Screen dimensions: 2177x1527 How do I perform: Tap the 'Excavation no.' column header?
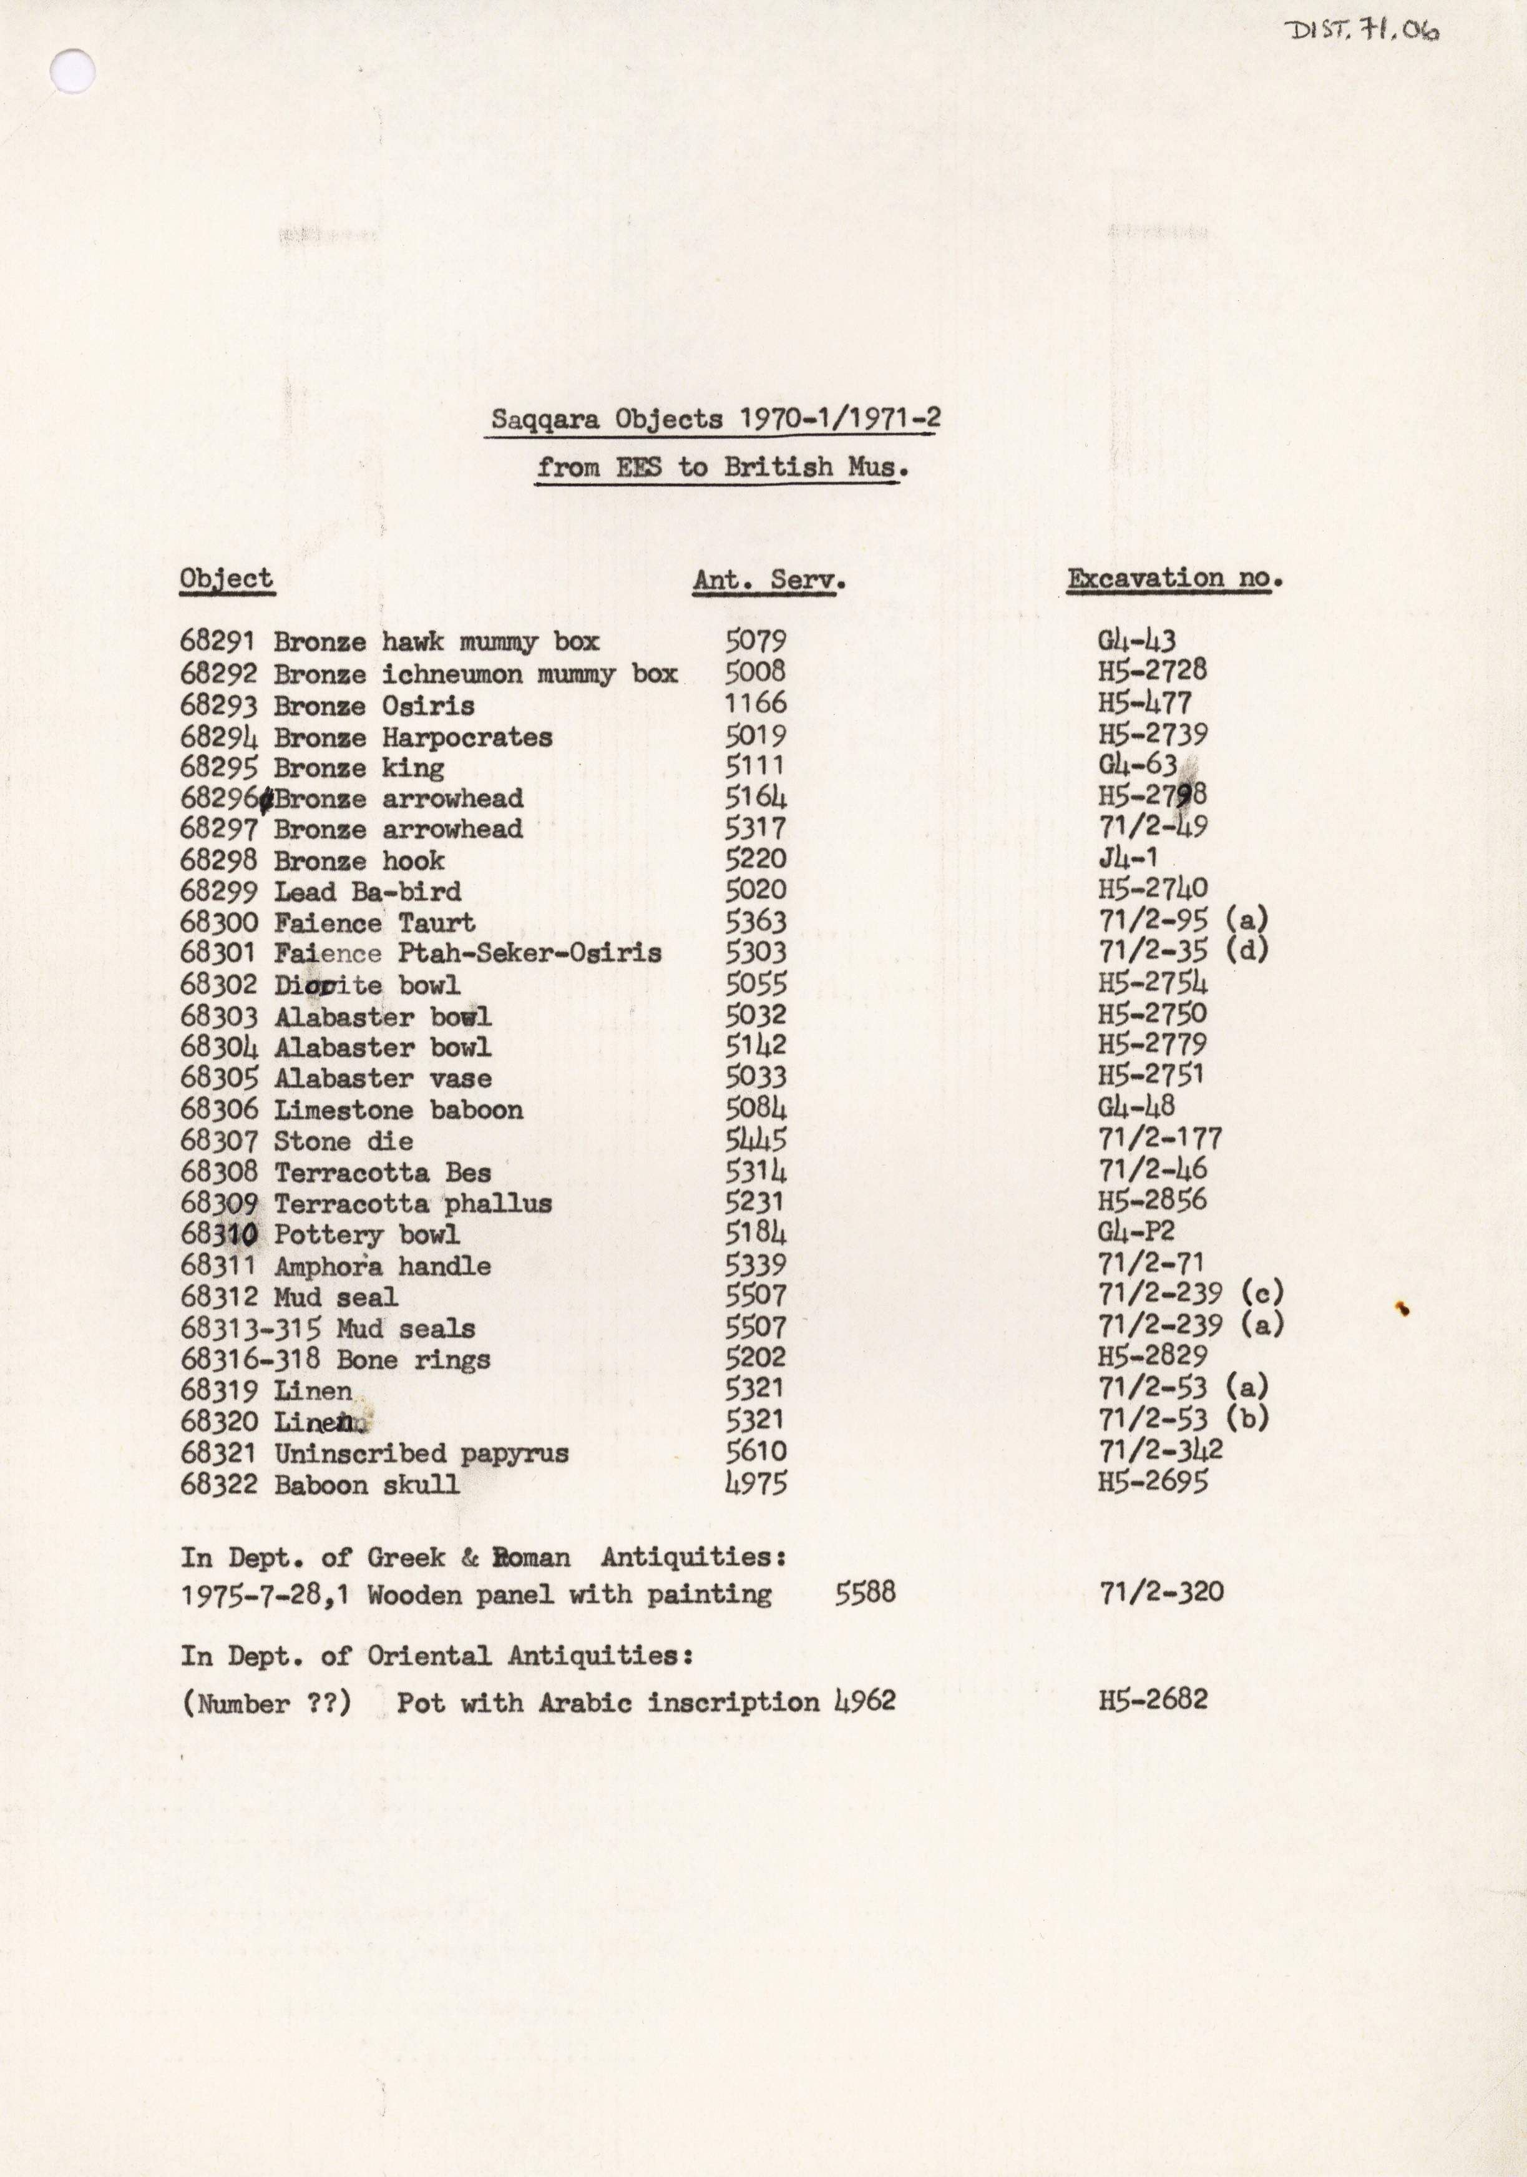click(x=1174, y=578)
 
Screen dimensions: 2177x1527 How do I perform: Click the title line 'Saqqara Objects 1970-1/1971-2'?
click(x=712, y=418)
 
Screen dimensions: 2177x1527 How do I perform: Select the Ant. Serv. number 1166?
click(x=756, y=702)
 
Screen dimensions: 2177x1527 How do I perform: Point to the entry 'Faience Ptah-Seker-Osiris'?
click(x=467, y=953)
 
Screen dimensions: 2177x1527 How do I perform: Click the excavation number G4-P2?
click(x=1136, y=1232)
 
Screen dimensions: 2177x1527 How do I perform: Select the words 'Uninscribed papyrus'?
click(x=421, y=1453)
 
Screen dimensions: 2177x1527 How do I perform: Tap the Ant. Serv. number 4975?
click(x=756, y=1483)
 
